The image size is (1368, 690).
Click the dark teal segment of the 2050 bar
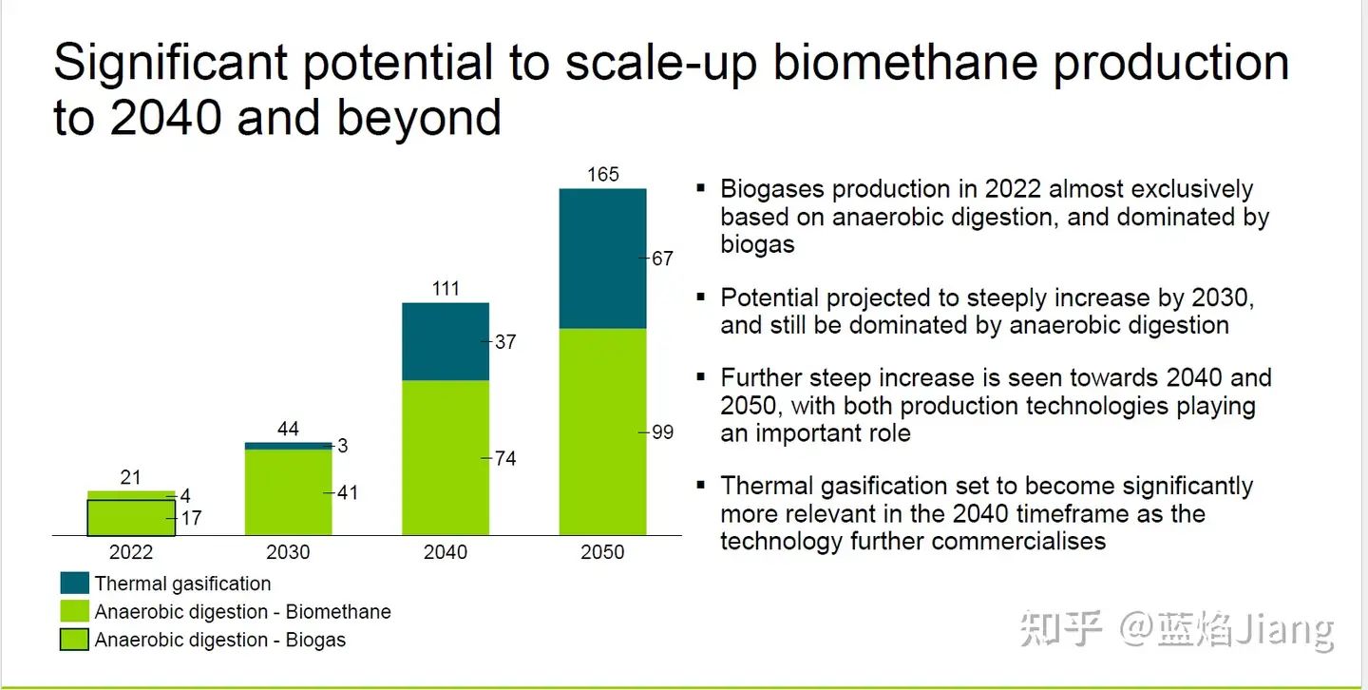[602, 259]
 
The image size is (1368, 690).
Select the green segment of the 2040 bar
[446, 457]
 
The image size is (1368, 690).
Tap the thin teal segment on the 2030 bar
[289, 445]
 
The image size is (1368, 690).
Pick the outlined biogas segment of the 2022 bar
[131, 518]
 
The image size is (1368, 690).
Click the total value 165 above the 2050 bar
[602, 174]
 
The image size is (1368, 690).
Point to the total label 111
[446, 288]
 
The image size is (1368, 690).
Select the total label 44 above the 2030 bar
[289, 429]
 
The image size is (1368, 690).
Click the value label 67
[662, 259]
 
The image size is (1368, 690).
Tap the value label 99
[662, 432]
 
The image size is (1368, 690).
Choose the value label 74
[505, 459]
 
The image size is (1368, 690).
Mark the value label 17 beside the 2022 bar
[191, 519]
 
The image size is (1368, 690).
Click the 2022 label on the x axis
[131, 552]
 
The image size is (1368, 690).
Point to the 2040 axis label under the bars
[446, 552]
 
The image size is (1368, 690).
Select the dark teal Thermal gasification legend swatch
[74, 584]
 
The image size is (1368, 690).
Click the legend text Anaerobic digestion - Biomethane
[242, 612]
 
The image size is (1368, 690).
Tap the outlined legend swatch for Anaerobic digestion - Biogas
[74, 640]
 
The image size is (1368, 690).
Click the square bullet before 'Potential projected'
[701, 297]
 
